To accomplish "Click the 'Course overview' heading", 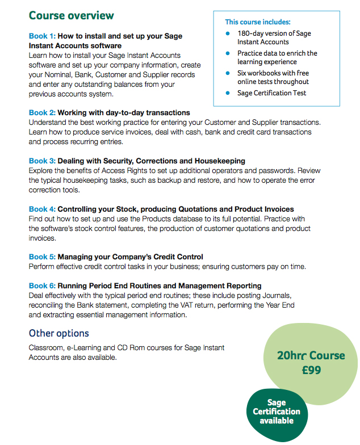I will click(x=71, y=15).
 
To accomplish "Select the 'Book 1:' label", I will click(x=42, y=36).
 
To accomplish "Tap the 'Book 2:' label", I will click(x=42, y=113).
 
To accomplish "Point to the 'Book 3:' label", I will click(x=42, y=161).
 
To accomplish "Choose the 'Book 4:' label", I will click(x=42, y=209).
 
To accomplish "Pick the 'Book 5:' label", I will click(x=42, y=257).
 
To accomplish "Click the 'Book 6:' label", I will click(x=42, y=286).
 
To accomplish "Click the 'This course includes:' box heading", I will click(x=257, y=22).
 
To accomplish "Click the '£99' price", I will click(x=311, y=370).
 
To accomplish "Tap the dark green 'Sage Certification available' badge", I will click(x=277, y=412).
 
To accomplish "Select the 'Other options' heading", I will click(x=59, y=333).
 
